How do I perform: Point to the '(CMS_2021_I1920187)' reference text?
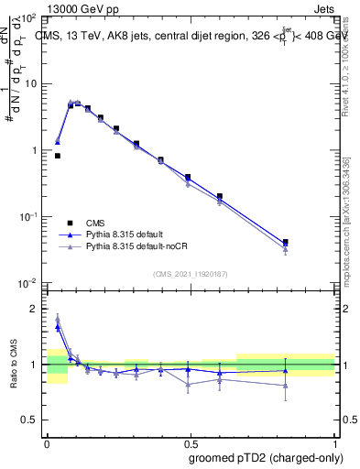[x=191, y=273]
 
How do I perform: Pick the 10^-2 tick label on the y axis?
[x=28, y=283]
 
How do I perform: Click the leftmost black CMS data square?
[x=58, y=156]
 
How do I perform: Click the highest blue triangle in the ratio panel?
[x=58, y=326]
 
